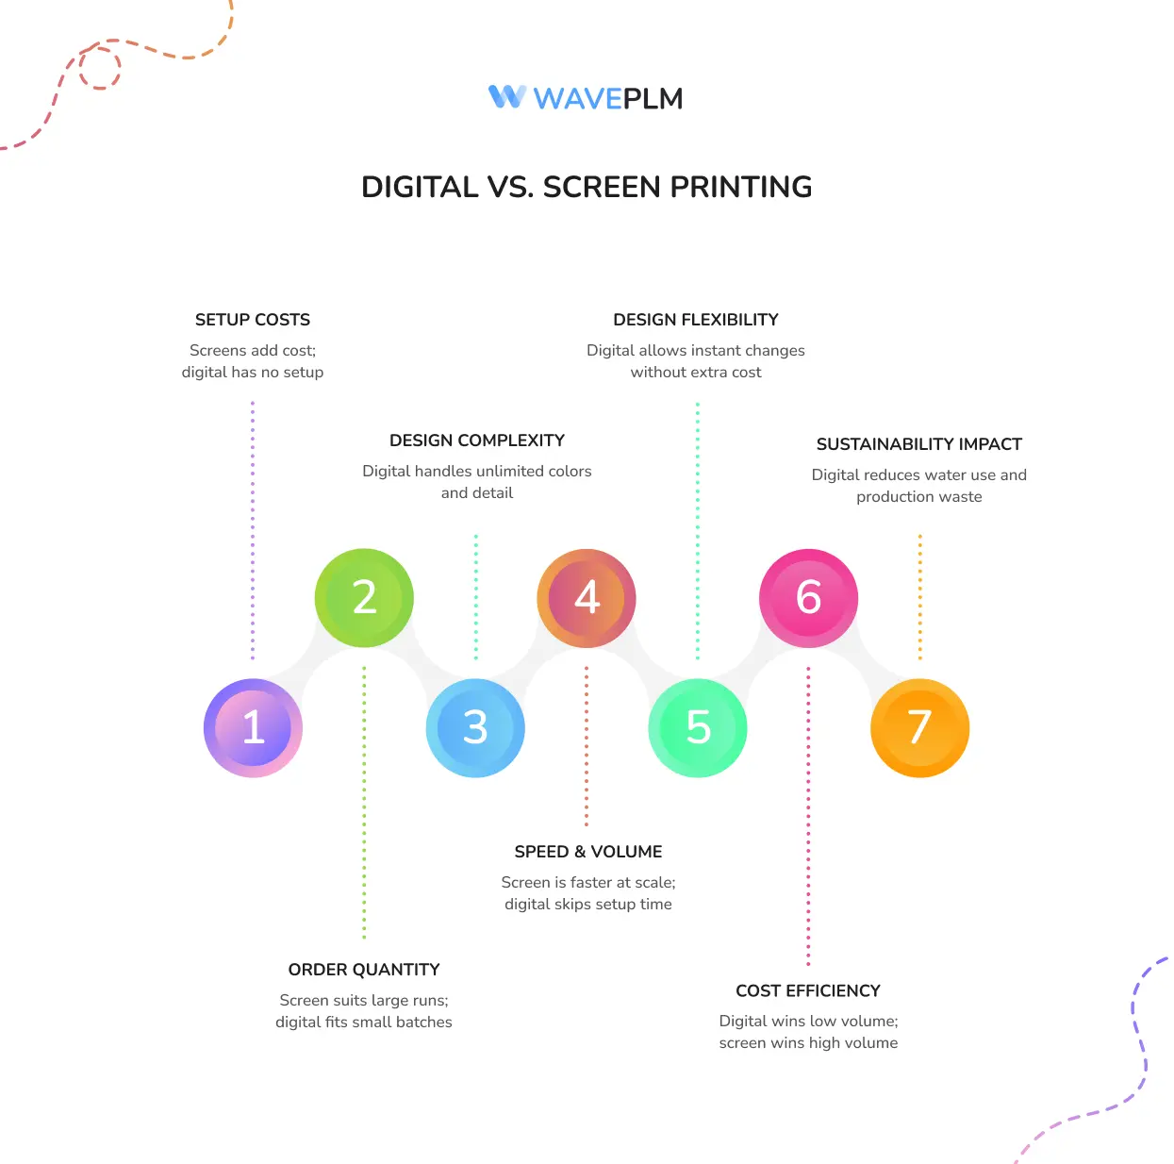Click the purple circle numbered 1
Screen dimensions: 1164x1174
point(253,727)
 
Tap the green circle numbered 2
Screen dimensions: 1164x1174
point(364,598)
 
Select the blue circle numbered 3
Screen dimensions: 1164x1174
point(475,727)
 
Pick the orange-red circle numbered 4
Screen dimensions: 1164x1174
point(587,598)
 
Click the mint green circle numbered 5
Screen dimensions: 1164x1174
point(698,727)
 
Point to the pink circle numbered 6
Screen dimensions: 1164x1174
point(808,598)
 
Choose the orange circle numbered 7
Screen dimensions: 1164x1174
point(919,727)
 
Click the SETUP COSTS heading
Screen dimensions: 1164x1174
point(253,320)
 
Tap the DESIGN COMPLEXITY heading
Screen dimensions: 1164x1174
point(477,441)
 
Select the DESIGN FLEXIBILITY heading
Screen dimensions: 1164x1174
point(696,320)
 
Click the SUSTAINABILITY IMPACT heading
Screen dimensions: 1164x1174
point(919,444)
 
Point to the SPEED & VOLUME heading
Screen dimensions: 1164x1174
point(588,852)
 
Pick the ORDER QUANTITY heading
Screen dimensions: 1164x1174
point(364,970)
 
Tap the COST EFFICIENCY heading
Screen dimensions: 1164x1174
point(808,990)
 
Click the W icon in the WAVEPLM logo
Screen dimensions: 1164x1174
point(507,96)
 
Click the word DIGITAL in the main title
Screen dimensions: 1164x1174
point(420,187)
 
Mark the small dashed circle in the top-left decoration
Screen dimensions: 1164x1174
point(100,68)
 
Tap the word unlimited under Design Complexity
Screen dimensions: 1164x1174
point(510,471)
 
